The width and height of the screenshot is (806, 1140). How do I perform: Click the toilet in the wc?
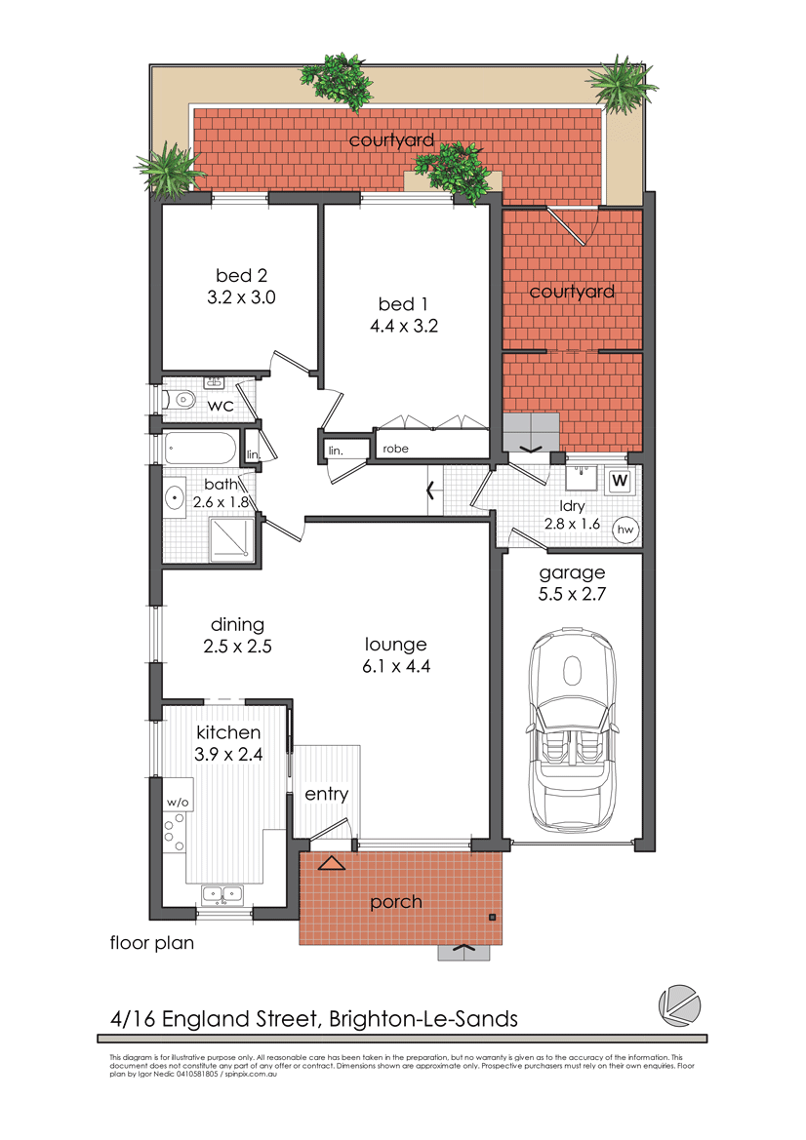coord(181,399)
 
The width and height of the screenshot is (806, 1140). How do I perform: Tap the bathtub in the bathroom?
coord(200,448)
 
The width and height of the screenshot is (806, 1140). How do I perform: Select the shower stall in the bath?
coord(233,538)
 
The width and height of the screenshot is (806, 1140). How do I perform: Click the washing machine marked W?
coord(620,480)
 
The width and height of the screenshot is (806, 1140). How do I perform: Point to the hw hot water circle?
coord(625,530)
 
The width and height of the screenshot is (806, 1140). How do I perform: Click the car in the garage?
coord(573,730)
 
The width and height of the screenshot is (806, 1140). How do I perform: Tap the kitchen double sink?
coord(222,893)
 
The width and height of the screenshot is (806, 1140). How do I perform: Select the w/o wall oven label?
coord(178,802)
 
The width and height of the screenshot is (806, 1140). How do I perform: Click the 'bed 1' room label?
coord(403,304)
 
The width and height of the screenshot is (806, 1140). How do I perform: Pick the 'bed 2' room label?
coord(242,276)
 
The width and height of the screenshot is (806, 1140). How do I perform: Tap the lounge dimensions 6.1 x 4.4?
coord(396,666)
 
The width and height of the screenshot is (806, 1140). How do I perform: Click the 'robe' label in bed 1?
coord(396,449)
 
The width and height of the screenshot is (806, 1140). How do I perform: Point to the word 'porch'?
coord(396,902)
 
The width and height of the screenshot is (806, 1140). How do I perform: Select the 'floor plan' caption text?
coord(152,943)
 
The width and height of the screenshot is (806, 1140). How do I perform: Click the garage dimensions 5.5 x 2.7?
coord(572,594)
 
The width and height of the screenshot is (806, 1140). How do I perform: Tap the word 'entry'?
coord(327,794)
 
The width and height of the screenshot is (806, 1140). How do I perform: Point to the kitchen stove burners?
coord(174,832)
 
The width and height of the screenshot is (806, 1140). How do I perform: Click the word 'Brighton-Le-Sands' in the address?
coord(423,1018)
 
